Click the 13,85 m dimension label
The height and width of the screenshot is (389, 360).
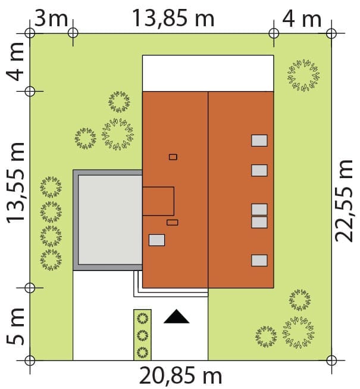click(173, 18)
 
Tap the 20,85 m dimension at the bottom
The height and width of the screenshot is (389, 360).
click(181, 376)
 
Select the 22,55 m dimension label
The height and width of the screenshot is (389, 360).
click(344, 200)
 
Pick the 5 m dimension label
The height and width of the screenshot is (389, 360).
click(15, 326)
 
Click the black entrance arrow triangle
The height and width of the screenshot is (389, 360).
click(176, 316)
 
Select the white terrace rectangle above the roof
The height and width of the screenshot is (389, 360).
click(208, 73)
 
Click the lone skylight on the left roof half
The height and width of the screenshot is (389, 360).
click(157, 240)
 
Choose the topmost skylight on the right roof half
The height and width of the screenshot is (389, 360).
click(259, 141)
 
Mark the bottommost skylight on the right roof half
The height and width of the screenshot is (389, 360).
click(259, 260)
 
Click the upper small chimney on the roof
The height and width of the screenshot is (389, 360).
click(173, 157)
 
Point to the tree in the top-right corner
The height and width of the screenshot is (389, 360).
click(303, 75)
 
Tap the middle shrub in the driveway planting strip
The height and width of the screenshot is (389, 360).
click(142, 335)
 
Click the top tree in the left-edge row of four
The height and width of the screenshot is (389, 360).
click(51, 187)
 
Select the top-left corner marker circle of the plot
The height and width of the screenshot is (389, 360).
click(30, 33)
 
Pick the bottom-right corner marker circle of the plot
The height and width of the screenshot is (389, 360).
click(331, 360)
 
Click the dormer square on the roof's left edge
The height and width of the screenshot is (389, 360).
click(158, 201)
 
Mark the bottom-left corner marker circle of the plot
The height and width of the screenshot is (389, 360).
click(30, 360)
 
